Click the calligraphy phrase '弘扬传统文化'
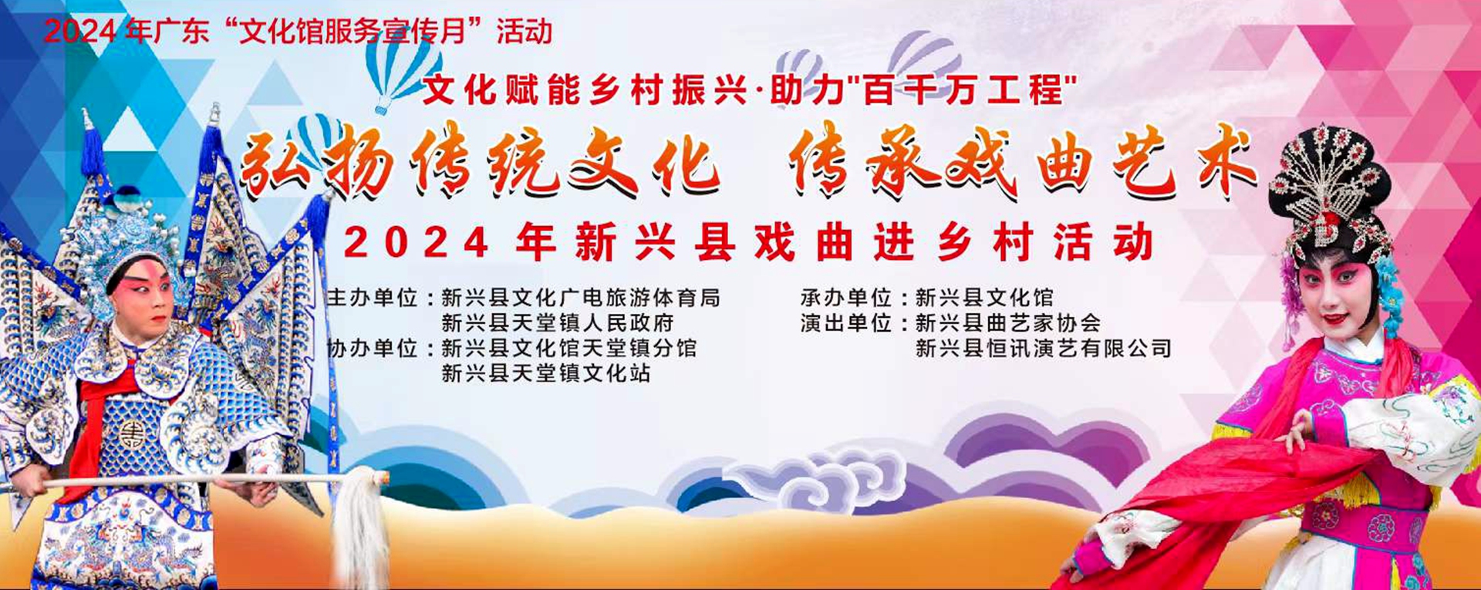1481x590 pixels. pos(481,164)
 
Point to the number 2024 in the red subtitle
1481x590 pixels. pos(416,242)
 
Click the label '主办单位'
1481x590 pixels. pos(373,298)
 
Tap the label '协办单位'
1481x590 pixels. pos(373,349)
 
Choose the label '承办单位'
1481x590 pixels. pos(846,298)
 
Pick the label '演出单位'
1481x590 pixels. pos(846,323)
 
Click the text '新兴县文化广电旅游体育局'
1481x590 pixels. pos(581,298)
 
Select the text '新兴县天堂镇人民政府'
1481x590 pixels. pos(558,323)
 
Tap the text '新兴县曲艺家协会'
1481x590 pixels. pos(1008,323)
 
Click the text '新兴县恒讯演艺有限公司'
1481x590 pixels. pos(1044,349)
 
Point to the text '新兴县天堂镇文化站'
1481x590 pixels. pos(546,374)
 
